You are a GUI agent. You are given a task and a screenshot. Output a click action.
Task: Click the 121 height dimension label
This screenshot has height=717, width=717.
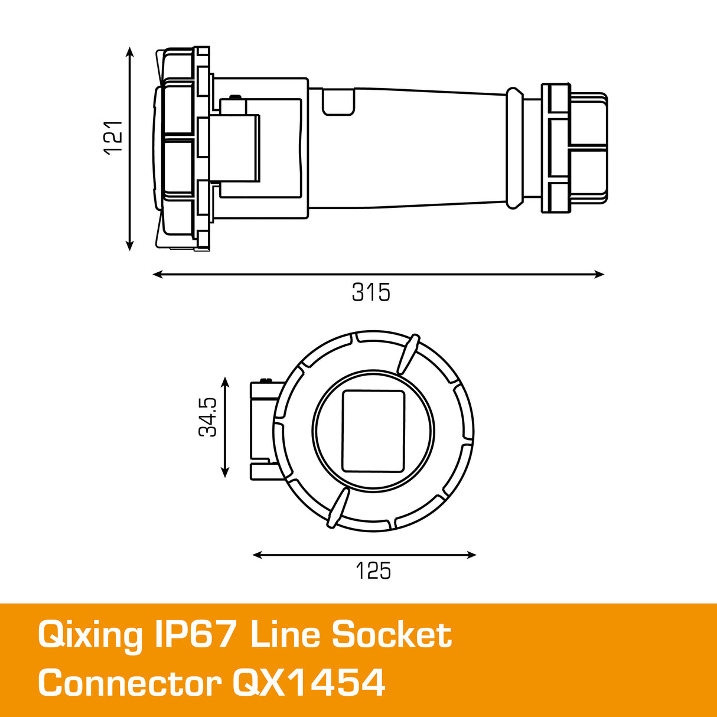[x=113, y=138]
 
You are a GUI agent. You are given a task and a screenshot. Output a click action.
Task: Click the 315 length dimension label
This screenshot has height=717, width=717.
[x=371, y=292]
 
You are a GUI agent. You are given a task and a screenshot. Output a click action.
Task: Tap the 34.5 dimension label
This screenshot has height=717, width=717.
[x=208, y=417]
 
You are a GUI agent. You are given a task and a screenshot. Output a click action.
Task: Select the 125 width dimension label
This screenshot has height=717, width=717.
[x=373, y=571]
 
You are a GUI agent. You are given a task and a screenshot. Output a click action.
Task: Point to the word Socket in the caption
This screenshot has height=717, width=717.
[x=392, y=635]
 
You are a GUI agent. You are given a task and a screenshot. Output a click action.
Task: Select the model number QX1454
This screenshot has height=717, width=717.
[x=309, y=683]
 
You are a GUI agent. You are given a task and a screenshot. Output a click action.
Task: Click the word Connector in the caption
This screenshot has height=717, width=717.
[x=129, y=683]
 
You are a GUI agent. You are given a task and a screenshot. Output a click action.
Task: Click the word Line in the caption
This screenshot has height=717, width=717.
[x=285, y=635]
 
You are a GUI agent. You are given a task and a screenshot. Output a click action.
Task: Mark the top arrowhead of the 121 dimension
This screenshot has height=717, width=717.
[x=131, y=53]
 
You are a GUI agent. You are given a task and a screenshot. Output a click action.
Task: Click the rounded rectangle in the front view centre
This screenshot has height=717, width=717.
[x=373, y=431]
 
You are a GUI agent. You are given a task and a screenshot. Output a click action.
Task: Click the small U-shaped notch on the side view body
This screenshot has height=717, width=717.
[x=338, y=102]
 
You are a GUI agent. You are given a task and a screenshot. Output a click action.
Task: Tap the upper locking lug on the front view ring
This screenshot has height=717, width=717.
[x=407, y=354]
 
